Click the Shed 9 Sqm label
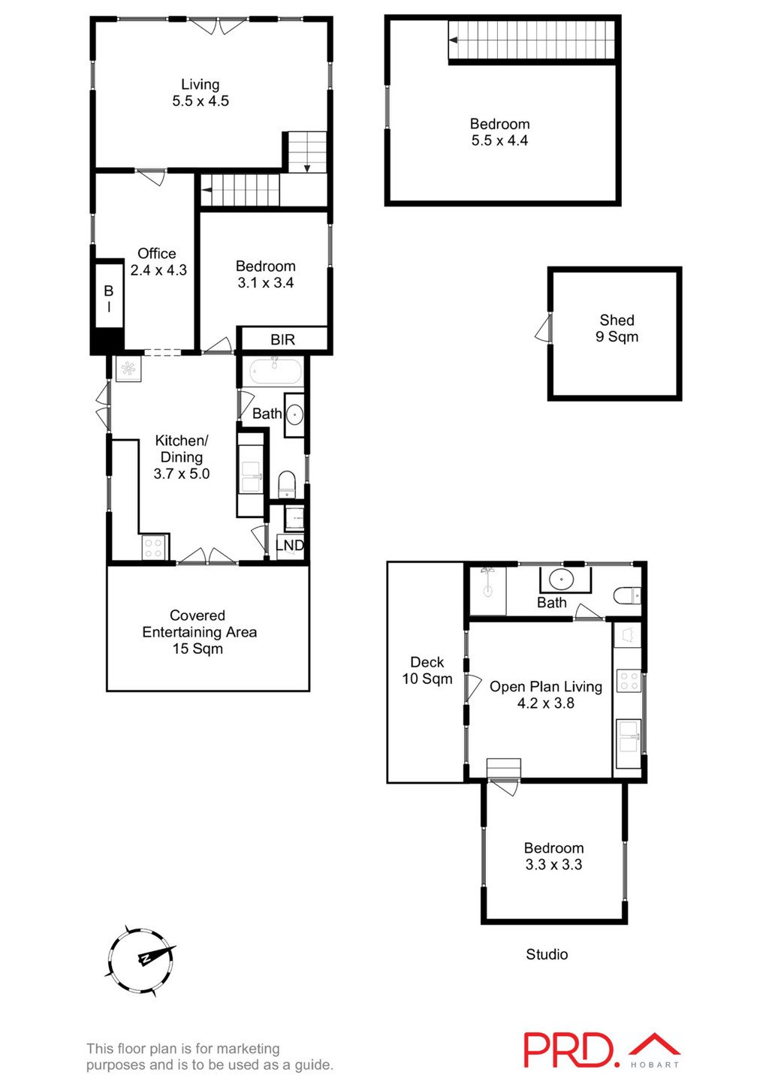[x=617, y=328]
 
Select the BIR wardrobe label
[x=282, y=340]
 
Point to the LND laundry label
[x=290, y=545]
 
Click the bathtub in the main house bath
[x=275, y=372]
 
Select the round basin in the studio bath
[x=560, y=580]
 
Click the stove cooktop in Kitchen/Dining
[x=154, y=548]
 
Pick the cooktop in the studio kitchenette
[x=628, y=682]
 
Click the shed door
[x=543, y=329]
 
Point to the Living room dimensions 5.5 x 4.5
[x=201, y=101]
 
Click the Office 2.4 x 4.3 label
[x=158, y=262]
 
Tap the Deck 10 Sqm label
[x=427, y=670]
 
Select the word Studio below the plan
[x=547, y=954]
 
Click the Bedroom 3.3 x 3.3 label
[x=553, y=856]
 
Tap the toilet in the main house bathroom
[x=288, y=484]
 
